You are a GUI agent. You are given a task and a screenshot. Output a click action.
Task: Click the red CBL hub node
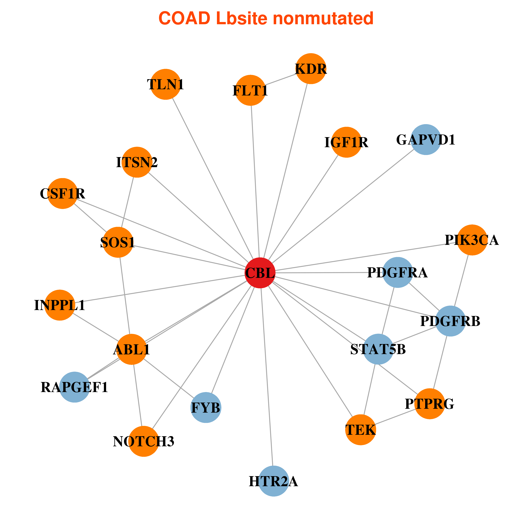pyautogui.click(x=260, y=273)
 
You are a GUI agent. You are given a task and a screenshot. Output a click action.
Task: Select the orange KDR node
pyautogui.click(x=311, y=69)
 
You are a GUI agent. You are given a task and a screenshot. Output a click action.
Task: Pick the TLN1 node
pyautogui.click(x=166, y=84)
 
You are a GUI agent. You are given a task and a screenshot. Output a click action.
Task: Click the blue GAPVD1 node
pyautogui.click(x=426, y=140)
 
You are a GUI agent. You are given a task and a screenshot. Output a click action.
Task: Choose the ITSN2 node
pyautogui.click(x=137, y=162)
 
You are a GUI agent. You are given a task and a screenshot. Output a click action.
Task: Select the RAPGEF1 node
pyautogui.click(x=75, y=387)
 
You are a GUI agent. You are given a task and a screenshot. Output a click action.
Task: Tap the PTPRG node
pyautogui.click(x=430, y=404)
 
